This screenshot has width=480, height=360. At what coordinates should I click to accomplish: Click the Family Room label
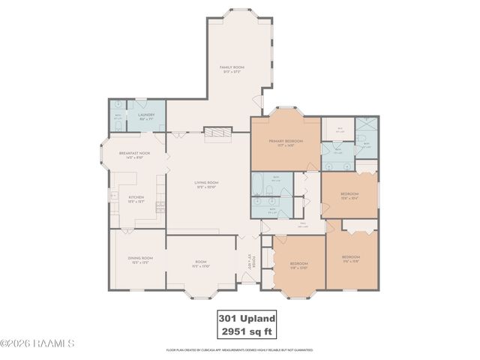tap(232, 69)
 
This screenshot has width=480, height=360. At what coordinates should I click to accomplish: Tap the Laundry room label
tap(146, 117)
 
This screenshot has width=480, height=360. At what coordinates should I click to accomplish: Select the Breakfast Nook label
tap(135, 154)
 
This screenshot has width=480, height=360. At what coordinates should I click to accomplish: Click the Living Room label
tap(206, 184)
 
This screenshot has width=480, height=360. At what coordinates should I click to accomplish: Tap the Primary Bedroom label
tap(286, 142)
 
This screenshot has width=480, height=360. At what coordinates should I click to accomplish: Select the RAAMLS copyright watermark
tap(37, 343)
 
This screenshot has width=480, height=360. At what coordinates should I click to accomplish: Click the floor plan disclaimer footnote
tap(240, 350)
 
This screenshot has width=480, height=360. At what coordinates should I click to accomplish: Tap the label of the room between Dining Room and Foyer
tap(200, 264)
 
